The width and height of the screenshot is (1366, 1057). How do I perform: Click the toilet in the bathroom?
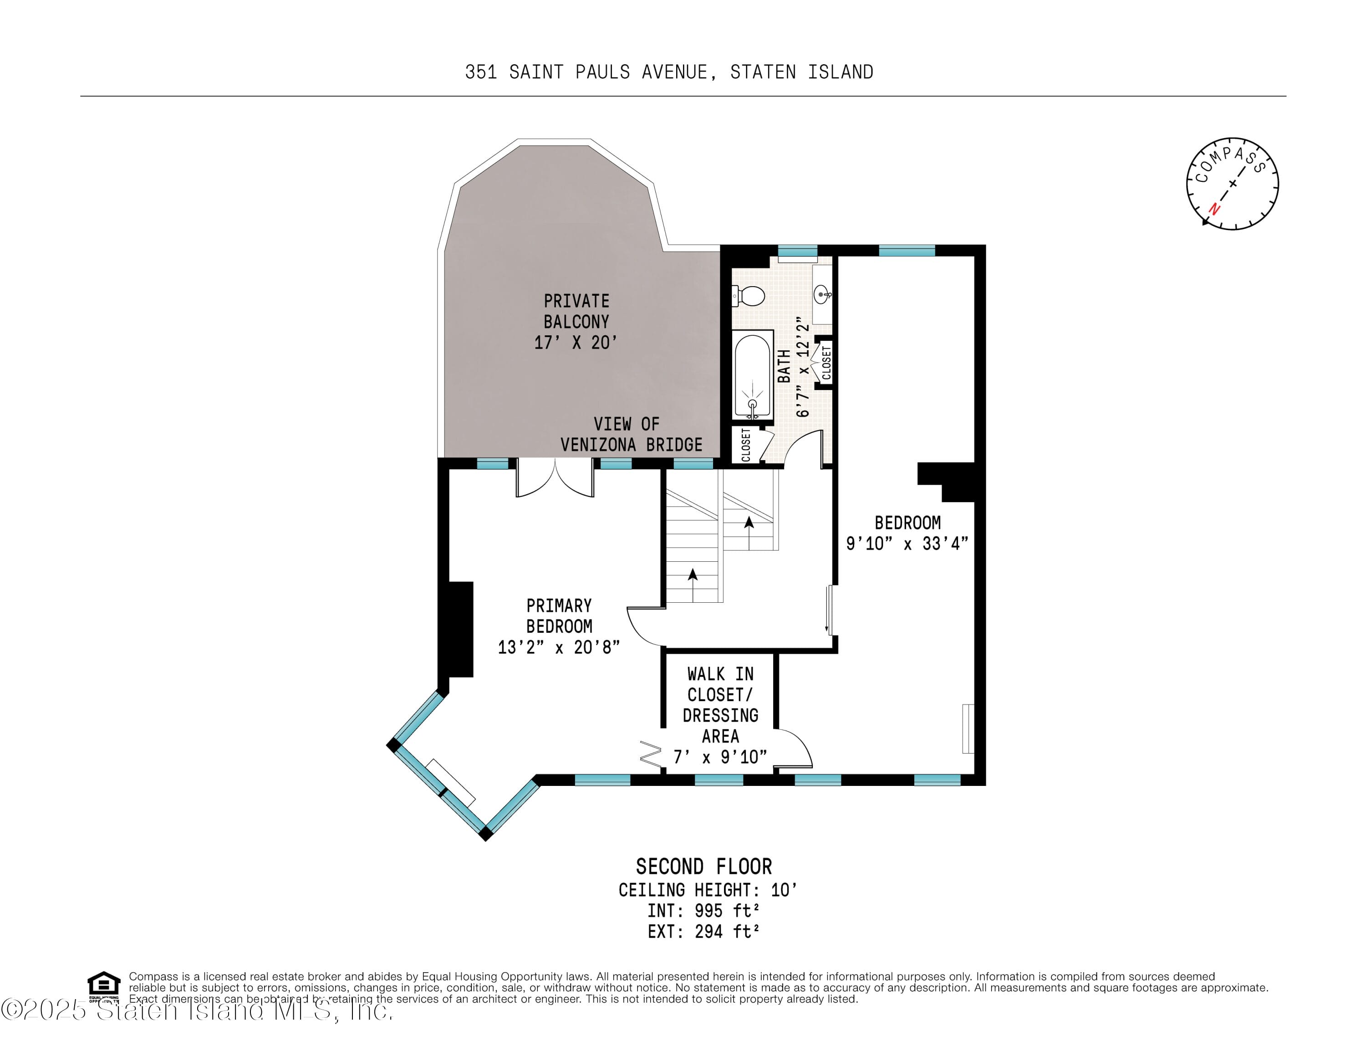749,295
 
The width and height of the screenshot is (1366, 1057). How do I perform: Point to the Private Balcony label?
576,321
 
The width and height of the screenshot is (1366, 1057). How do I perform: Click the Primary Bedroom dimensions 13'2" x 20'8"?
559,647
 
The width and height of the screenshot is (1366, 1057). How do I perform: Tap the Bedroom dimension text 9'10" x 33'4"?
907,543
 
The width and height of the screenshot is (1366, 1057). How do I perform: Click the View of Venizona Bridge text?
631,434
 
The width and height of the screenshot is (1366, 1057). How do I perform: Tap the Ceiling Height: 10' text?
708,889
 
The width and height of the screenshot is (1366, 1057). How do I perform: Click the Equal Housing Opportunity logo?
103,985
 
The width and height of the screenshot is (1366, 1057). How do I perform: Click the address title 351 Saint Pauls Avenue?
668,72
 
